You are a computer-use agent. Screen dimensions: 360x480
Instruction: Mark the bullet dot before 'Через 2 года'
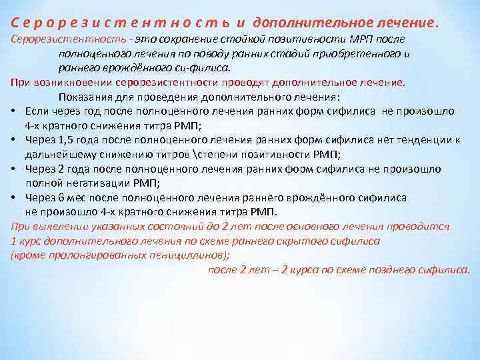coord(14,169)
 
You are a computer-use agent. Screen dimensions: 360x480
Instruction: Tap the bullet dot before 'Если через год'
coord(14,111)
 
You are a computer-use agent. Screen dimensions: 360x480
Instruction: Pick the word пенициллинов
coord(189,256)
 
